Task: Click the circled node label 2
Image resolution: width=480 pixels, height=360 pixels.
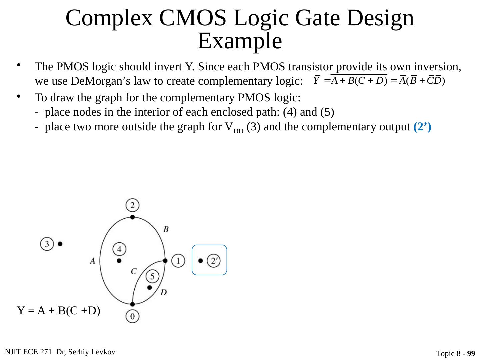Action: click(x=133, y=205)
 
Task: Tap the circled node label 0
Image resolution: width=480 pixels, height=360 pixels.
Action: click(x=133, y=316)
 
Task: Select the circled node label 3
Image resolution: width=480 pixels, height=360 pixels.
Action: click(x=47, y=244)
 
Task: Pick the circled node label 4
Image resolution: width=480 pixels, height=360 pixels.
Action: click(x=119, y=249)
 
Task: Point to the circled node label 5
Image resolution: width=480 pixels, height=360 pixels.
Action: click(x=152, y=276)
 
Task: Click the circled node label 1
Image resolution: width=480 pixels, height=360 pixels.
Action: click(x=179, y=260)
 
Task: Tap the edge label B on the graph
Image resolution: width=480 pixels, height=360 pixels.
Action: click(x=166, y=229)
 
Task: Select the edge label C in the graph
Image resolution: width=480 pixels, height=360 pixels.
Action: click(x=134, y=271)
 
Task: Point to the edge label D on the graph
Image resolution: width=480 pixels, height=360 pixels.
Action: click(x=163, y=292)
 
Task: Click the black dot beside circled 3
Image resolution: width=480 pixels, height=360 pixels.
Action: click(x=60, y=244)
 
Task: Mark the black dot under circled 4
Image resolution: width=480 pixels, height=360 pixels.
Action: click(x=119, y=260)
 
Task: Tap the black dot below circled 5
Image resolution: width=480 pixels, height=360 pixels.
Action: click(x=149, y=287)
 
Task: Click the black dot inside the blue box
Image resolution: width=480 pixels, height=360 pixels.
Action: click(x=201, y=260)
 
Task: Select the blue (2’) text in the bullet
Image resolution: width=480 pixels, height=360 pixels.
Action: click(x=422, y=127)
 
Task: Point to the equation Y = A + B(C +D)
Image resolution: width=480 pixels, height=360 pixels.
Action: click(x=59, y=311)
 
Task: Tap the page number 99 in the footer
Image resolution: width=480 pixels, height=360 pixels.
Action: click(x=471, y=353)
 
